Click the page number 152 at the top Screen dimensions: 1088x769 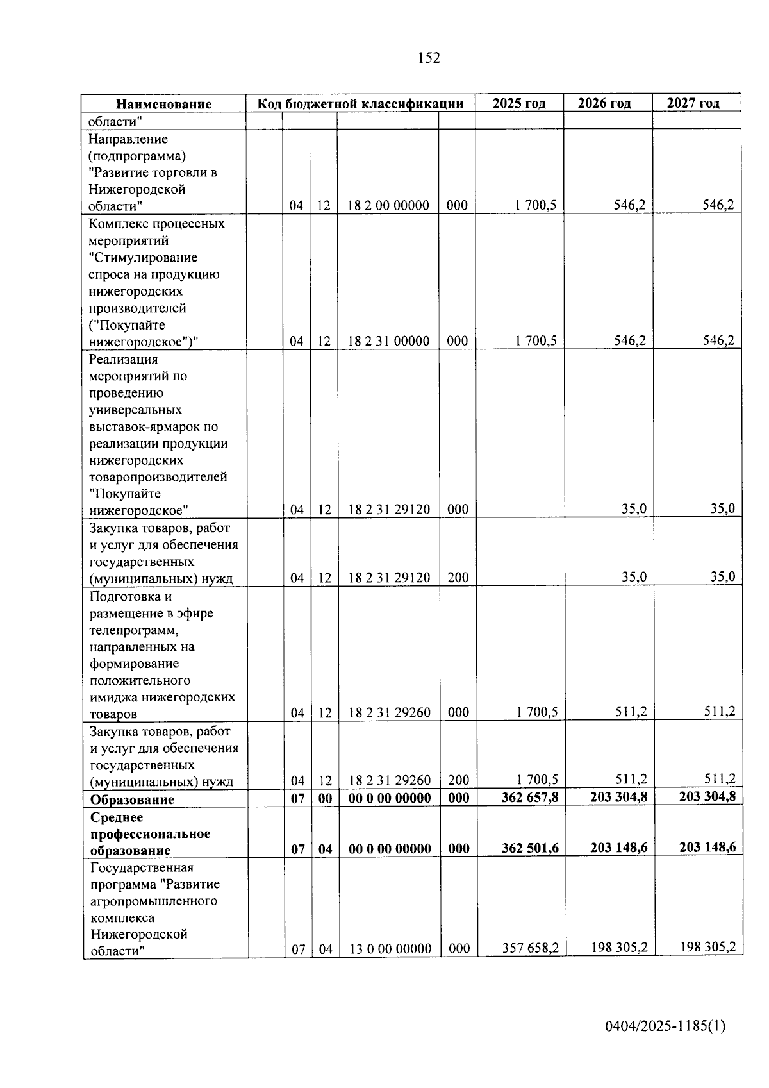click(x=429, y=58)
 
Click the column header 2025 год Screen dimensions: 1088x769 click(x=519, y=103)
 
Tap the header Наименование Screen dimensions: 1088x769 click(x=163, y=104)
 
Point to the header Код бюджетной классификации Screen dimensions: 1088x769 click(x=360, y=104)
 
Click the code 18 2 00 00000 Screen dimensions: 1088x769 click(x=388, y=206)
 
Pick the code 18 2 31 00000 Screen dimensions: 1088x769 click(x=388, y=341)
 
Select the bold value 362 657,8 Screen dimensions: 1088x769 click(x=530, y=798)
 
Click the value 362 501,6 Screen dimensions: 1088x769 click(x=530, y=848)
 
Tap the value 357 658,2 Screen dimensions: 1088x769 click(x=530, y=948)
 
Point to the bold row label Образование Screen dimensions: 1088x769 click(x=132, y=799)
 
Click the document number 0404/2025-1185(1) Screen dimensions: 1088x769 click(x=665, y=1026)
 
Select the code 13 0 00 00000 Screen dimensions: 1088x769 click(x=390, y=949)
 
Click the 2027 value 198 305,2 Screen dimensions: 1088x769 click(x=707, y=946)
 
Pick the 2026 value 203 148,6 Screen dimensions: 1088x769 click(x=618, y=848)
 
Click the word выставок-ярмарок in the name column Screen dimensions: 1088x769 click(x=154, y=427)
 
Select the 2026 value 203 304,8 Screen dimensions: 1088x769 click(x=618, y=797)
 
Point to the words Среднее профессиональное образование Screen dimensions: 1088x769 click(x=150, y=834)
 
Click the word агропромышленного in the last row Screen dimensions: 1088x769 click(x=154, y=901)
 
